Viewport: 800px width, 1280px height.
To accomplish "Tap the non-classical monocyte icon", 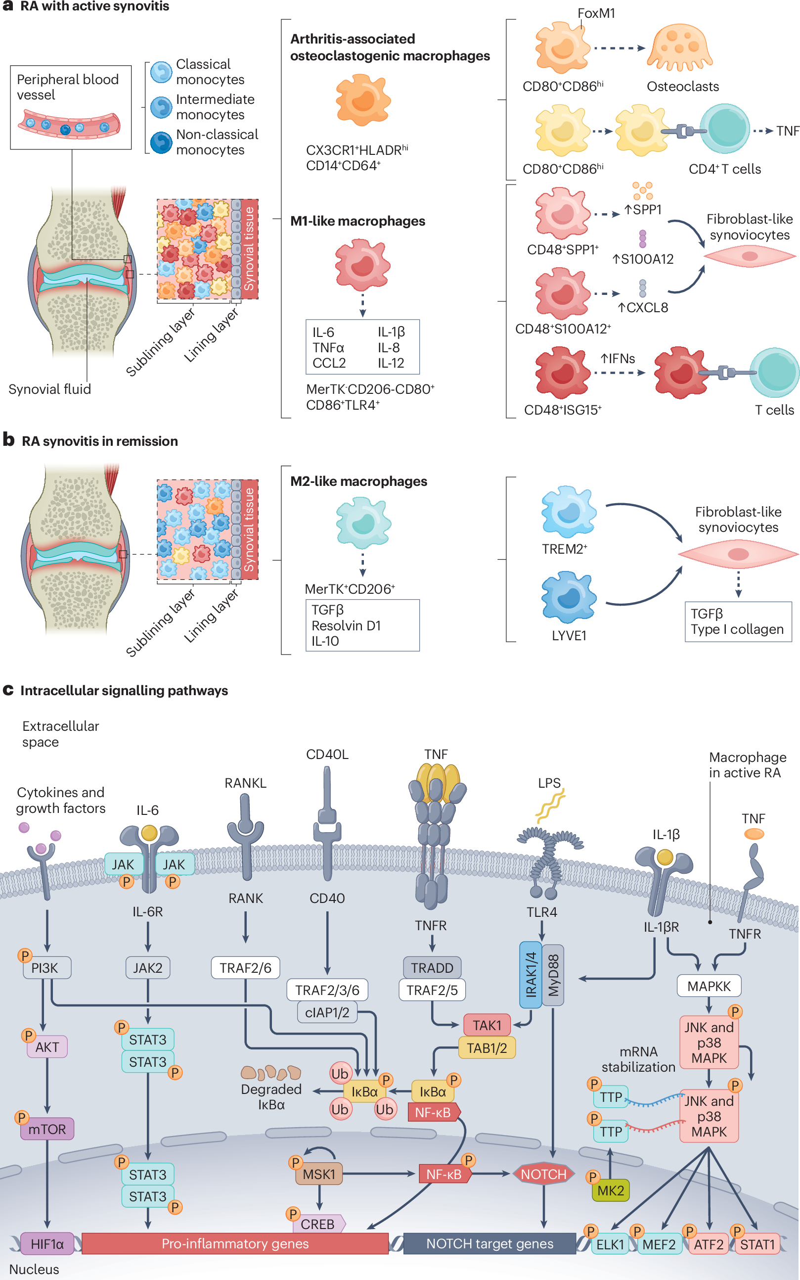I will tap(161, 142).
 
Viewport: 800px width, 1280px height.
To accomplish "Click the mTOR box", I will tap(47, 1129).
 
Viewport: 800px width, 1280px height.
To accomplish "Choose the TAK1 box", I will tap(487, 1025).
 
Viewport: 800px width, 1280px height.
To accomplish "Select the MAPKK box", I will tap(709, 986).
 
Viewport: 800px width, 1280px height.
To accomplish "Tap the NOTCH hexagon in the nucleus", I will tap(543, 1174).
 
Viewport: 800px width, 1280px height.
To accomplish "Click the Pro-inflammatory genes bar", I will tap(235, 1243).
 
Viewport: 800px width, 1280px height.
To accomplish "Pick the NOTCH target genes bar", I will tap(489, 1243).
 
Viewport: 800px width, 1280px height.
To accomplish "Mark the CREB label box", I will tap(318, 1224).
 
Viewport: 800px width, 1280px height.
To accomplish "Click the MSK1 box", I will tap(318, 1174).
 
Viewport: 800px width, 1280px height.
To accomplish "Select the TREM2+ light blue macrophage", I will tap(568, 512).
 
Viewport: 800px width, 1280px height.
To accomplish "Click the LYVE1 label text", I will tap(569, 635).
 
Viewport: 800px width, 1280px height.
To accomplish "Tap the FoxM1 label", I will tap(596, 13).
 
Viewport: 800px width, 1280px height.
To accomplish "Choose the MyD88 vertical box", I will tap(553, 975).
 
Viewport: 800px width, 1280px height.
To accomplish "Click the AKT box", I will tap(47, 1047).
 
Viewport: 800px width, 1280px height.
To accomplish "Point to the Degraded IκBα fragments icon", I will tap(271, 1073).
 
